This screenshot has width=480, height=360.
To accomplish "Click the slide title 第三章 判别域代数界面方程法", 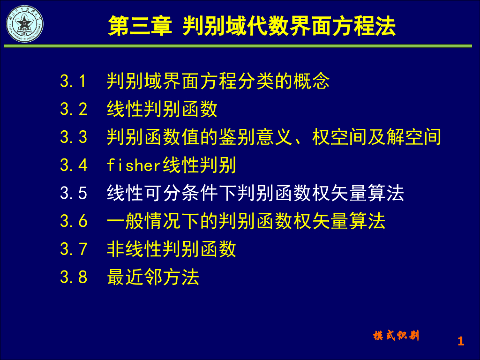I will [x=252, y=26].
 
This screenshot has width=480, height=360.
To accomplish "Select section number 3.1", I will [x=74, y=82].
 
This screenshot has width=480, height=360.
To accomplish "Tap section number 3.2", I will [x=74, y=109].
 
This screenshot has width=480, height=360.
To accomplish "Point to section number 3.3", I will [x=74, y=137].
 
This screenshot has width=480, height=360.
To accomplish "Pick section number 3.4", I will [x=74, y=165].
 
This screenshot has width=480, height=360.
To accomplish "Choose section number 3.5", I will [x=74, y=193].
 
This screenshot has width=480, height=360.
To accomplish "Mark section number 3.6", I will [x=74, y=221].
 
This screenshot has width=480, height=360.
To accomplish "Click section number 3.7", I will [x=74, y=249].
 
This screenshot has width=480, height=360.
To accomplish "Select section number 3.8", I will [x=74, y=277].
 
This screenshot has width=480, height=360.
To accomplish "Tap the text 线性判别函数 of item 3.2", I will [x=162, y=109].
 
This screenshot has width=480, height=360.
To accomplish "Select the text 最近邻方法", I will [x=153, y=277].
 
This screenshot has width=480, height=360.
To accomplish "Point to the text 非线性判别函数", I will [x=171, y=249].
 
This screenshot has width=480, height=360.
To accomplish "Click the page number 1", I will [x=460, y=341].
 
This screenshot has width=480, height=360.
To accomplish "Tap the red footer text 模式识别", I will [x=396, y=336].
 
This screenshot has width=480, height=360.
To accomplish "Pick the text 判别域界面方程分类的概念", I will [x=218, y=82].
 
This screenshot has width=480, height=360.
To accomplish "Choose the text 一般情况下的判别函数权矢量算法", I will [x=246, y=221].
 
